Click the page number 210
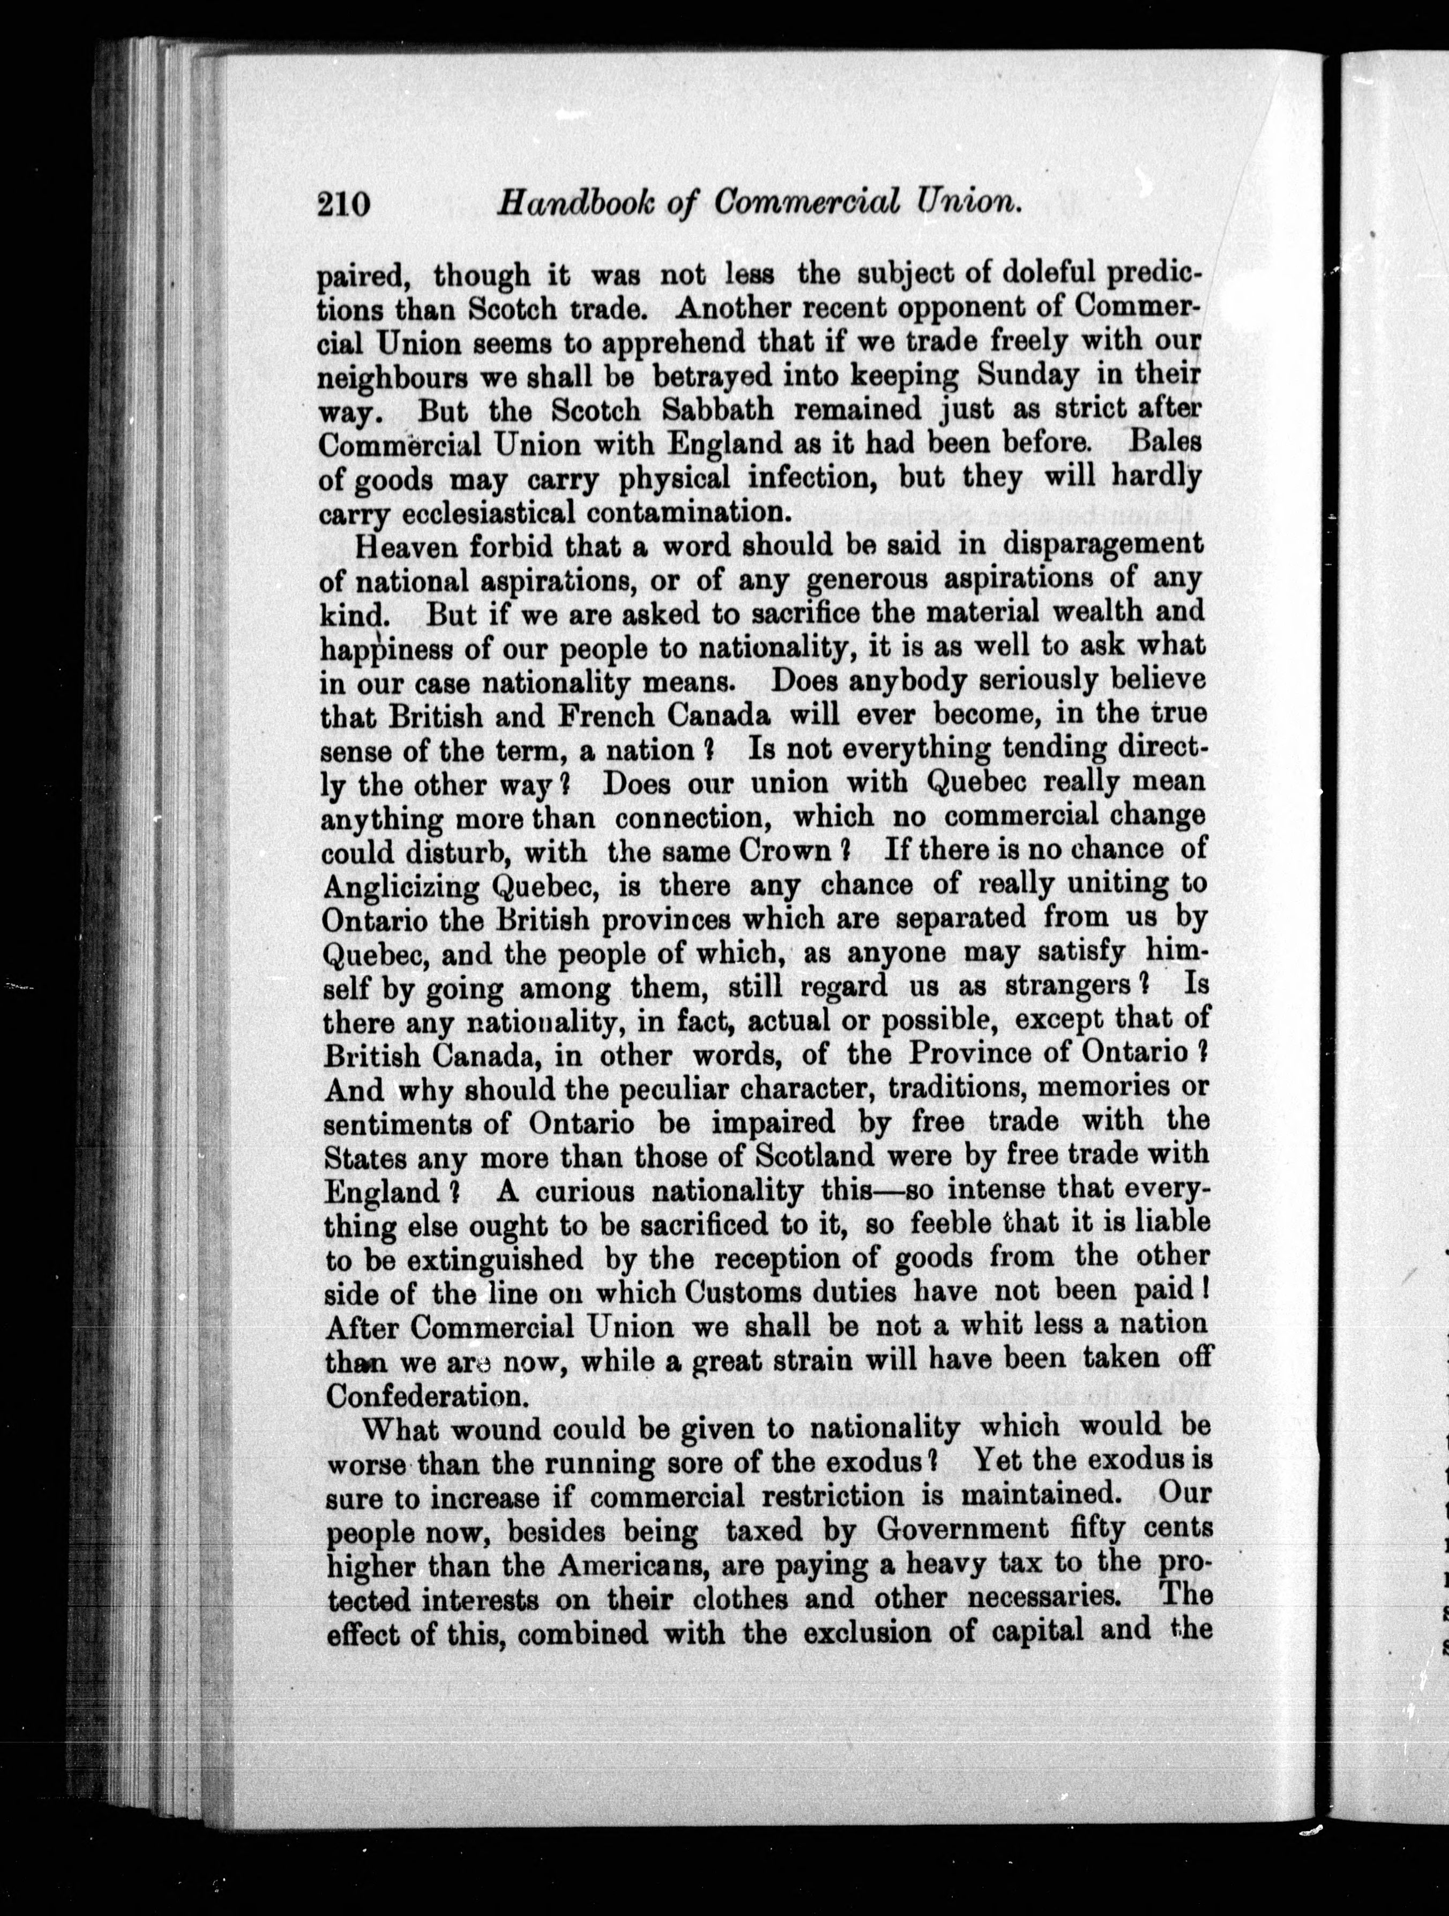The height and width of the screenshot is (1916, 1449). click(x=344, y=205)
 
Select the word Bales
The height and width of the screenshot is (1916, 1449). click(x=1166, y=441)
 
